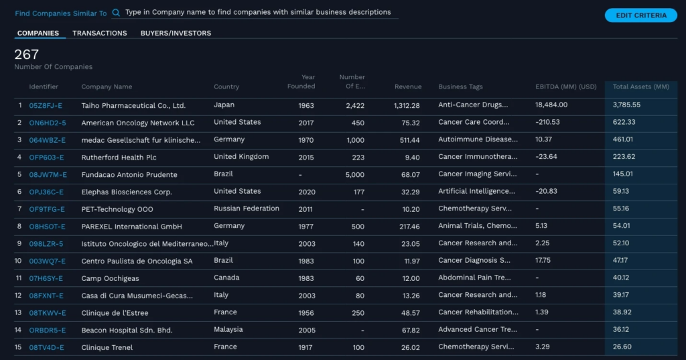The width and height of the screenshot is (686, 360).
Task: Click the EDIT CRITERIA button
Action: pos(640,15)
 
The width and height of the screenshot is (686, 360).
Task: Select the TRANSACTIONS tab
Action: pos(99,33)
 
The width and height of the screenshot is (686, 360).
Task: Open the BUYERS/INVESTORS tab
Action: pos(176,33)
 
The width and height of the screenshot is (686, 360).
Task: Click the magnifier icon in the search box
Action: pos(117,13)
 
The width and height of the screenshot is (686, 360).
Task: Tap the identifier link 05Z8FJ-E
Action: pos(46,105)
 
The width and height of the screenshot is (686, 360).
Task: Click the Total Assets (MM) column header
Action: pos(640,86)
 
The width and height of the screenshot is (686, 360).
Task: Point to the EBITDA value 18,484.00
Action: pos(551,105)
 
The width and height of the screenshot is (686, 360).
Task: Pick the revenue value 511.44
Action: pos(407,140)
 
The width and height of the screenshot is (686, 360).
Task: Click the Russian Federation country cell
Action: pos(246,208)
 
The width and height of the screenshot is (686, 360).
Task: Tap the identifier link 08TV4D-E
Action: pos(47,347)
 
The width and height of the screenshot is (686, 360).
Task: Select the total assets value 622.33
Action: pos(624,123)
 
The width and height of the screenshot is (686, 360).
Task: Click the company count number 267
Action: pos(27,54)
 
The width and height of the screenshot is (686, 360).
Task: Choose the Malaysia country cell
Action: pos(229,330)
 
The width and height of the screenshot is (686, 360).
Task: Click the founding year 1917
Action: pos(306,347)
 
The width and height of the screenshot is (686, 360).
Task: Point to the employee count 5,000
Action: pos(354,175)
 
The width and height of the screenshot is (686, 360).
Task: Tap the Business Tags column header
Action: pos(460,86)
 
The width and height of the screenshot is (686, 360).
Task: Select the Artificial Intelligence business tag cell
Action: pos(478,192)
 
